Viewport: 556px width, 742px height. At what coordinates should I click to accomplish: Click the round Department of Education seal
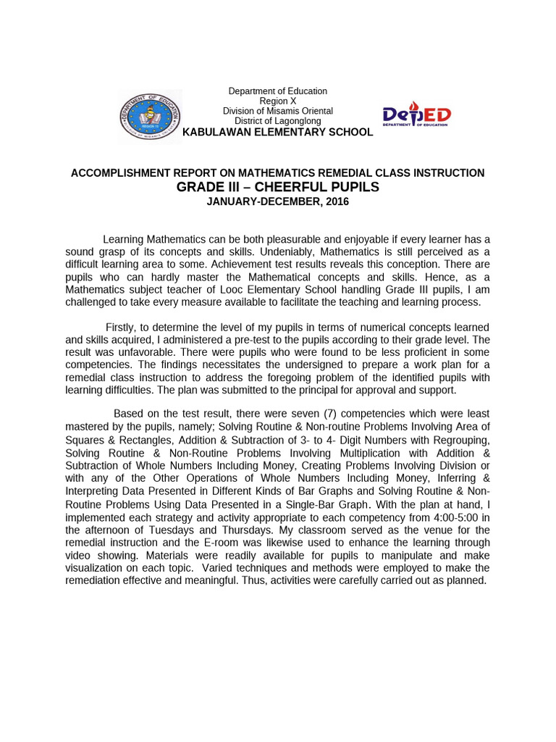coord(151,116)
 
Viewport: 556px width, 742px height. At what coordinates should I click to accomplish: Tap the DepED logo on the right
coord(416,116)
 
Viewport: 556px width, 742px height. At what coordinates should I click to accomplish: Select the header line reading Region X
coord(277,101)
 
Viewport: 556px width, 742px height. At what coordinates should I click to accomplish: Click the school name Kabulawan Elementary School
coord(277,132)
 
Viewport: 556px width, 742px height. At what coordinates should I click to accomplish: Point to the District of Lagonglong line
coord(277,121)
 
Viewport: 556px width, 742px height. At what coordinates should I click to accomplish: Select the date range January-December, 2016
coord(277,201)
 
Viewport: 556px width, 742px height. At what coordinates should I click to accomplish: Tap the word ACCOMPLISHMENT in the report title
coord(116,173)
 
